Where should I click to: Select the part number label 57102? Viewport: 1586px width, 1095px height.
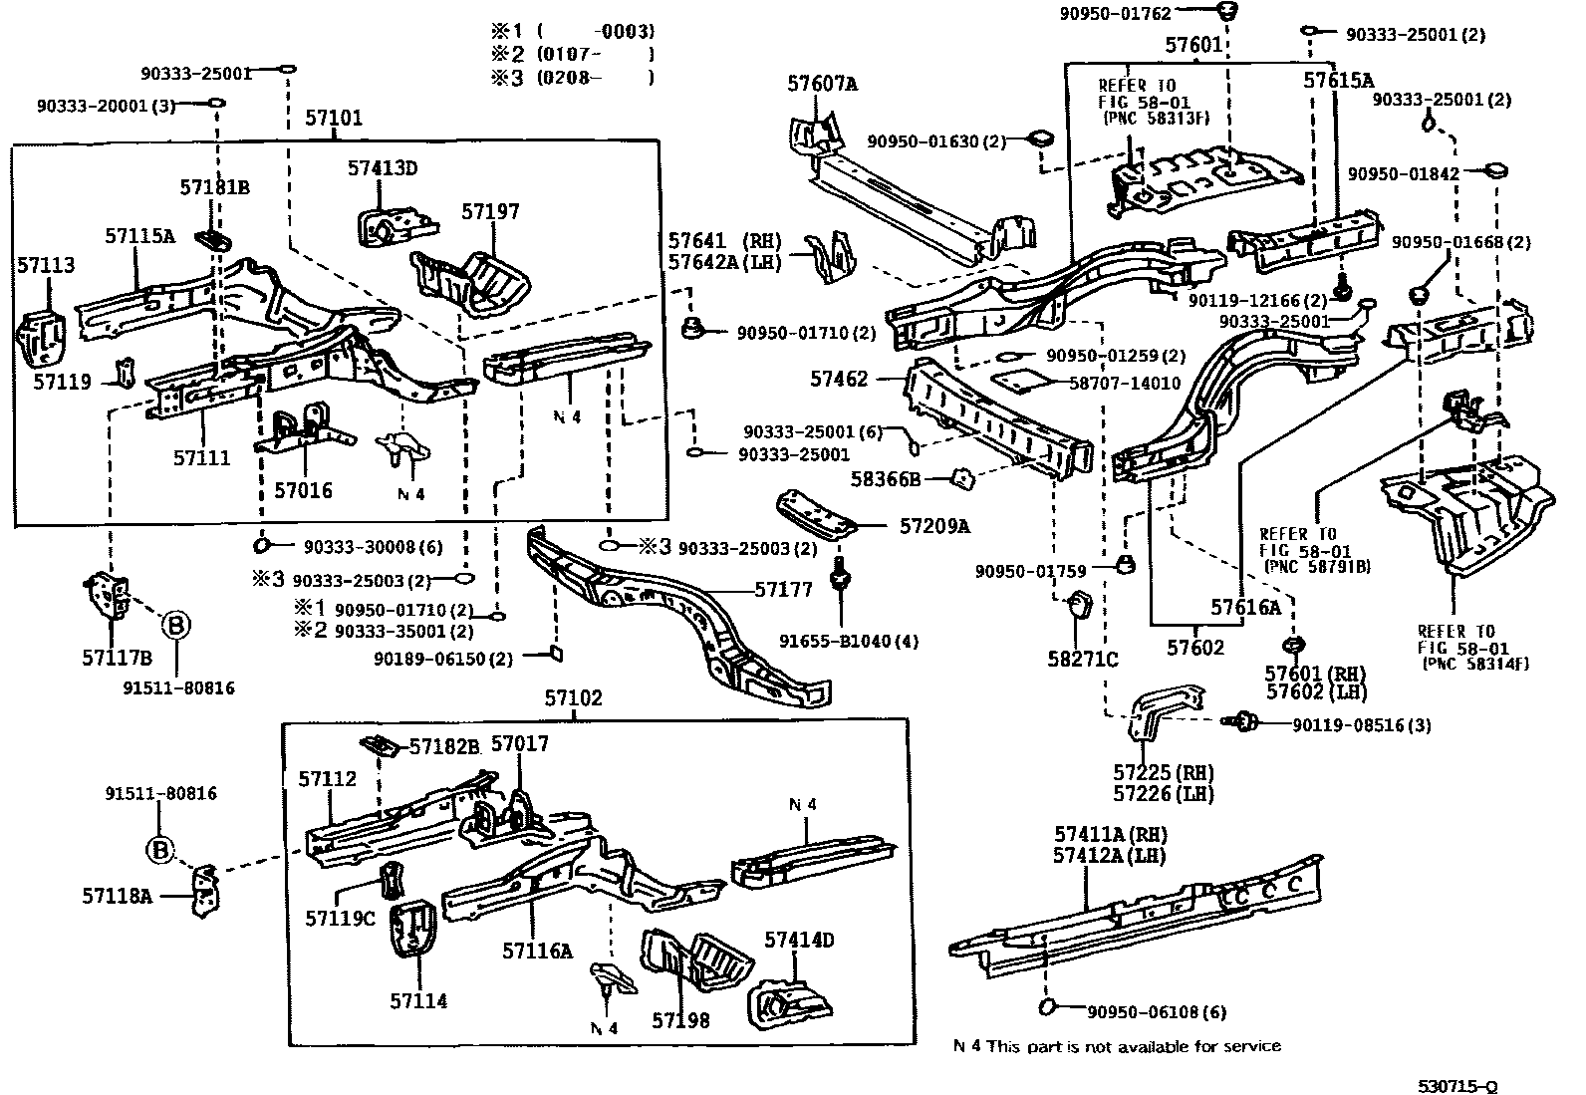tap(573, 698)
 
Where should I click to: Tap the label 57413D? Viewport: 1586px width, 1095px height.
tap(383, 168)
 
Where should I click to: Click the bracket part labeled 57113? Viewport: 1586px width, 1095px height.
tap(41, 340)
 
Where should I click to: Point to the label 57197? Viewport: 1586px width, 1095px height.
tap(490, 212)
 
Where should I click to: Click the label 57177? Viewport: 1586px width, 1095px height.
tap(783, 589)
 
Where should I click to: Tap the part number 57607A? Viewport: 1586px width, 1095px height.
tap(822, 84)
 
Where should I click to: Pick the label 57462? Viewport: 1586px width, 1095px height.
tap(839, 379)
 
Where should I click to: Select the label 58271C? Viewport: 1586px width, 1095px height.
tap(1082, 659)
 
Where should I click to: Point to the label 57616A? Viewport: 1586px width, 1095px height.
tap(1245, 607)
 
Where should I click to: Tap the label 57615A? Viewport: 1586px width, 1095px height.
tap(1338, 81)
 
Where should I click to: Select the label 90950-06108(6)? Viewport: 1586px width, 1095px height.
tap(1157, 1012)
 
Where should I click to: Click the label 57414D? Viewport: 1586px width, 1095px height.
tap(799, 940)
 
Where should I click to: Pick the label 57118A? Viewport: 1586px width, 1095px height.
tap(117, 896)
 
